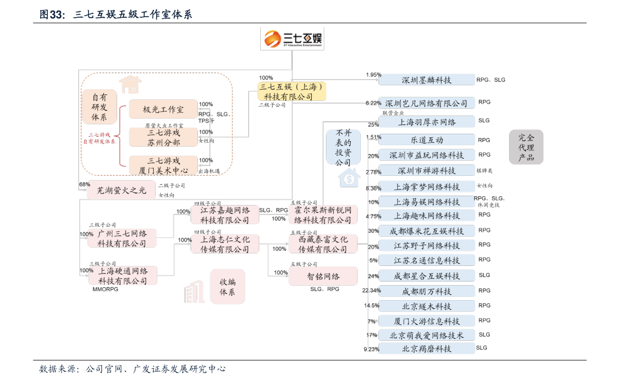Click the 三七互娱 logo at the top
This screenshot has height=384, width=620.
pos(292,39)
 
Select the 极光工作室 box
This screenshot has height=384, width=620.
pos(163,109)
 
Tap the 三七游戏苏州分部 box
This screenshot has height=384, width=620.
pos(163,137)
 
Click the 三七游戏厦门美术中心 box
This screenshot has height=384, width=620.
pos(163,165)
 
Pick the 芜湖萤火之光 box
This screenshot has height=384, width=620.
pos(121,190)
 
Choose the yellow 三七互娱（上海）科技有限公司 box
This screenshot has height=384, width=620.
pos(292,91)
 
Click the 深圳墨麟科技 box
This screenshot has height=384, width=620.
pos(426,80)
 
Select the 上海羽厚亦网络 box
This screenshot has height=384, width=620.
pos(426,122)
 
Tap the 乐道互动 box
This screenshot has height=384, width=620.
pos(426,139)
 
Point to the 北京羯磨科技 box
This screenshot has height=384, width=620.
pos(426,349)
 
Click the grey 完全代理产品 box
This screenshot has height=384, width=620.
pos(526,147)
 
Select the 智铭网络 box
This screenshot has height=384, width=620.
pos(323,276)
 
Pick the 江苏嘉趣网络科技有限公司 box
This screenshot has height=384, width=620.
pos(225,215)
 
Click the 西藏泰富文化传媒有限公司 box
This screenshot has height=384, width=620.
pos(323,244)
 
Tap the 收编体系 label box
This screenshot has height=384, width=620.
pos(227,287)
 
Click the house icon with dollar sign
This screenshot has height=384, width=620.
pos(349,178)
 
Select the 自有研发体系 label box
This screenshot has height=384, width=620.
pos(99,107)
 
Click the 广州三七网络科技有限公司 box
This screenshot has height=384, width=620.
pos(122,238)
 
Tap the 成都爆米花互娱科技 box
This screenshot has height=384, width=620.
pos(426,231)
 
